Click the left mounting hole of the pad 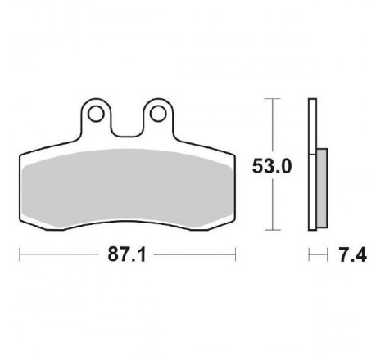(96, 114)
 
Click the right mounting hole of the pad (158, 114)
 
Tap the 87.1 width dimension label (127, 254)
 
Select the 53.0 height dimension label (272, 166)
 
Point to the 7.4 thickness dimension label (353, 255)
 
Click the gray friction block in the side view (322, 188)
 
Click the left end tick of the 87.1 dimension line (20, 254)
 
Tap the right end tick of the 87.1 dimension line (235, 254)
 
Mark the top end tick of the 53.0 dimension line (272, 98)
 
